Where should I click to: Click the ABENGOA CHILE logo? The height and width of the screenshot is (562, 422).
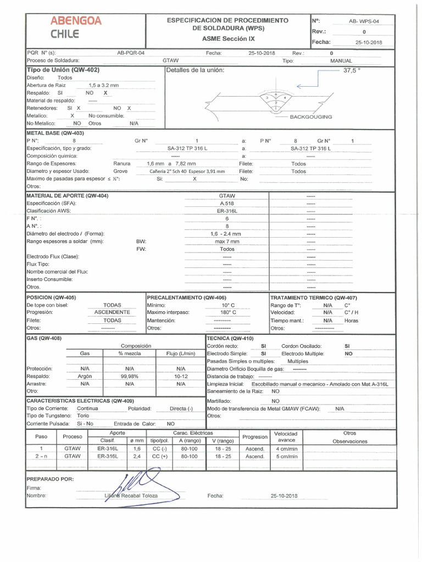pyautogui.click(x=76, y=27)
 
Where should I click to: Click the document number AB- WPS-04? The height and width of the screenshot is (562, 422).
pyautogui.click(x=364, y=21)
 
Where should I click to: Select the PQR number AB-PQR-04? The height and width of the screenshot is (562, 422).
pyautogui.click(x=131, y=53)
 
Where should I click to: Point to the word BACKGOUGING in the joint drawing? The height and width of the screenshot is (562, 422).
pyautogui.click(x=310, y=117)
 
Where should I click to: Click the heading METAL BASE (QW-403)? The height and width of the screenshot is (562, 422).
pyautogui.click(x=55, y=133)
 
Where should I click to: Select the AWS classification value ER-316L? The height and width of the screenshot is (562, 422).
pyautogui.click(x=227, y=211)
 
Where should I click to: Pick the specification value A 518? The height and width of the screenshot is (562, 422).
pyautogui.click(x=227, y=203)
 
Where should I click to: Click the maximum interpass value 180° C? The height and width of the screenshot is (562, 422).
pyautogui.click(x=228, y=312)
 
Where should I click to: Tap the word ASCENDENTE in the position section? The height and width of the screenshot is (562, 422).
pyautogui.click(x=112, y=312)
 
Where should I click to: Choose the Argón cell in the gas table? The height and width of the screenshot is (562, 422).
pyautogui.click(x=85, y=376)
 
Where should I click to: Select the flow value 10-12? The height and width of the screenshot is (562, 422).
pyautogui.click(x=181, y=376)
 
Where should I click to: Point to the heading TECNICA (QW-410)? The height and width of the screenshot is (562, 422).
pyautogui.click(x=230, y=339)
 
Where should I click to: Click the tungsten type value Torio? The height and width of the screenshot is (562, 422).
pyautogui.click(x=84, y=416)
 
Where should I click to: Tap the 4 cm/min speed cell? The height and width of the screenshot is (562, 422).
pyautogui.click(x=286, y=448)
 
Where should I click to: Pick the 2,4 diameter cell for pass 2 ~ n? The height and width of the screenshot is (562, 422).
pyautogui.click(x=137, y=456)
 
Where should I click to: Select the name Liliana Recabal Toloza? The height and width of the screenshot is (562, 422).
pyautogui.click(x=131, y=496)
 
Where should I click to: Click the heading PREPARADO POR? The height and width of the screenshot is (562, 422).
pyautogui.click(x=50, y=479)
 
